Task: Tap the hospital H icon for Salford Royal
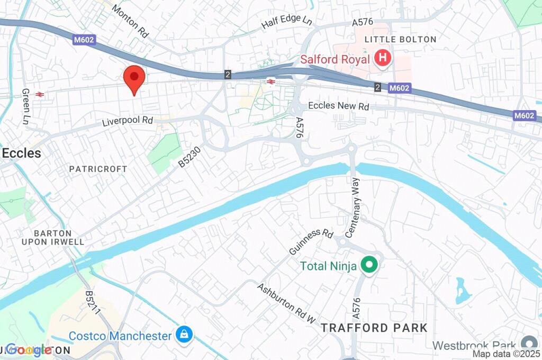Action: point(382,59)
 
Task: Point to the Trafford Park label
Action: point(374,328)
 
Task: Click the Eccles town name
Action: point(21,153)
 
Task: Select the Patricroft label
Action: point(98,169)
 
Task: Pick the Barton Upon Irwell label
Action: point(60,238)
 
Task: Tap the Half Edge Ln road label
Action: point(287,22)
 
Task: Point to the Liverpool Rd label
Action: point(127,121)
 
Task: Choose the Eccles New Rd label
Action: point(338,106)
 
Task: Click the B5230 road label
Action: point(189,157)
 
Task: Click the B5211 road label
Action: point(93,304)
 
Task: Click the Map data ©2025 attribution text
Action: point(505,354)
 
